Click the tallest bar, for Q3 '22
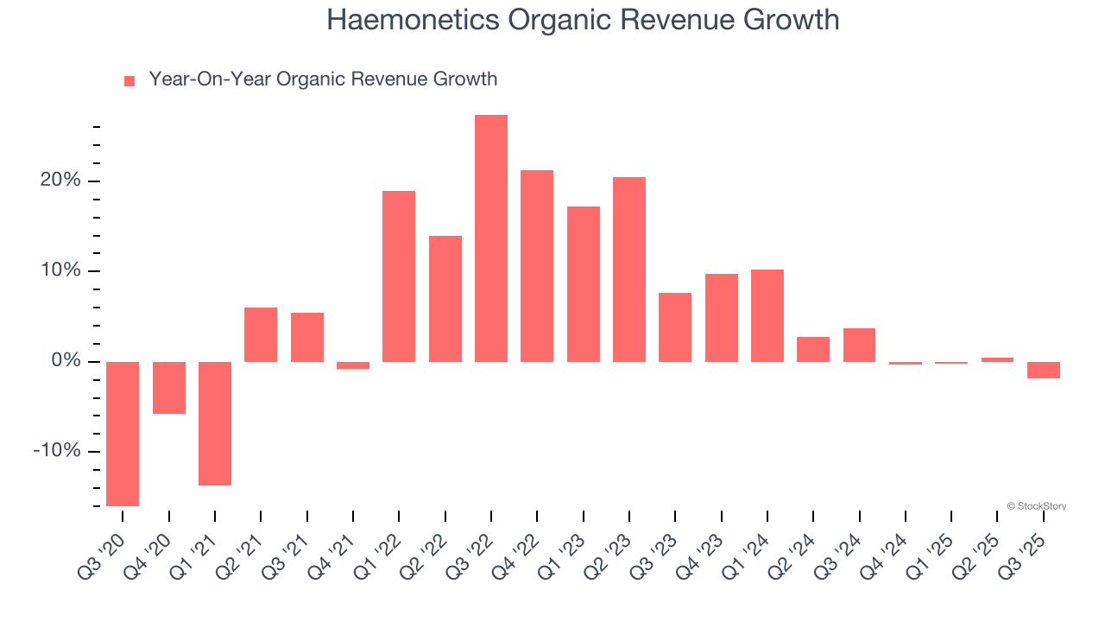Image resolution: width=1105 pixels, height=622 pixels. click(x=490, y=238)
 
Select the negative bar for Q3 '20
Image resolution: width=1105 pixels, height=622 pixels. click(x=123, y=434)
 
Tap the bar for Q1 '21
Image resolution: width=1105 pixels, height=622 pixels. click(x=215, y=423)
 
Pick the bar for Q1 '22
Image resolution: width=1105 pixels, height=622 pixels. click(x=399, y=276)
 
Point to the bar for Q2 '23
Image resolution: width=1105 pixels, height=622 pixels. click(x=629, y=269)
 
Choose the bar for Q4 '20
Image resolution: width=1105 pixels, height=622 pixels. click(x=169, y=388)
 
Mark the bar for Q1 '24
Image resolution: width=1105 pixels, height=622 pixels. click(x=767, y=315)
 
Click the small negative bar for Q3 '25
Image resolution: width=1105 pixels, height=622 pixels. click(x=1044, y=370)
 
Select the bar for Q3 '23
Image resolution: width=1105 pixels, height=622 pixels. click(x=675, y=327)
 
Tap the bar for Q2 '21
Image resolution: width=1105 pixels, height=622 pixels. click(x=261, y=334)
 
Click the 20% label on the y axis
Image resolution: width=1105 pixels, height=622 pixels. click(x=60, y=181)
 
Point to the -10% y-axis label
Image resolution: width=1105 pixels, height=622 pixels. click(x=56, y=452)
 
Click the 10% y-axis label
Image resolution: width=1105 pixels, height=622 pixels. click(x=60, y=271)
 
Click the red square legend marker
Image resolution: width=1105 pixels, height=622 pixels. click(x=129, y=81)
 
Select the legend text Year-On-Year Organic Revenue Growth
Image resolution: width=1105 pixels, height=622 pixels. click(x=323, y=79)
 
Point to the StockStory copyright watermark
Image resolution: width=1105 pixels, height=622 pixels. click(x=1036, y=506)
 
